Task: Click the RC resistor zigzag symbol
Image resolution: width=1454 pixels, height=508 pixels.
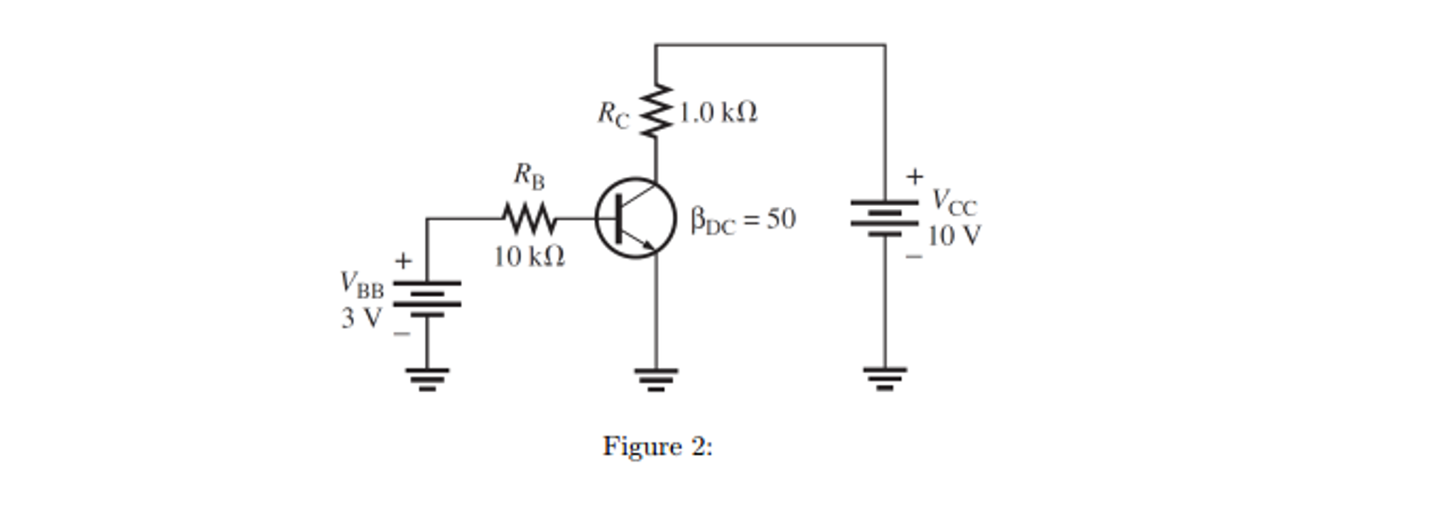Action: click(x=655, y=111)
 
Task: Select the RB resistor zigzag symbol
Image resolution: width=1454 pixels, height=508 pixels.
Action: click(x=529, y=218)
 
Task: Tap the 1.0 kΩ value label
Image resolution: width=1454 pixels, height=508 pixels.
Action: click(x=718, y=112)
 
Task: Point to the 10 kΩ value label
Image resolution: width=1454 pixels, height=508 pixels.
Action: click(x=529, y=256)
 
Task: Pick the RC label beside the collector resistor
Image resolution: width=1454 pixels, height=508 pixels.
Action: click(x=613, y=114)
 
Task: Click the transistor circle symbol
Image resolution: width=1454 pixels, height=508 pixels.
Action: click(x=635, y=218)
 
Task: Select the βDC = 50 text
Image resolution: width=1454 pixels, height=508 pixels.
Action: click(x=743, y=220)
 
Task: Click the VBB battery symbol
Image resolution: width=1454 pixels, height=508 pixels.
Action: click(x=426, y=298)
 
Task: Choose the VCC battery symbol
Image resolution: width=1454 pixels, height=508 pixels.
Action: click(x=885, y=217)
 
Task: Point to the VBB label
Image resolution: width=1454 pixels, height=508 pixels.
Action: click(x=362, y=284)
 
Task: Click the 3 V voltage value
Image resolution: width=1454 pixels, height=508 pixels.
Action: click(x=361, y=318)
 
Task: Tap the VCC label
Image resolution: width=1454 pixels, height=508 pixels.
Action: click(x=954, y=202)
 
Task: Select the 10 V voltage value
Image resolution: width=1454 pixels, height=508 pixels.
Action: click(x=954, y=236)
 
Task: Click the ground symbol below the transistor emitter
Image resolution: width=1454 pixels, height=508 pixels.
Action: click(x=656, y=379)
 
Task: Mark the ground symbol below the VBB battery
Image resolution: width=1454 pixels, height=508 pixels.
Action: click(x=426, y=379)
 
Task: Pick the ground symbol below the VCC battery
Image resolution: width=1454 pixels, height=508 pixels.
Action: click(x=885, y=378)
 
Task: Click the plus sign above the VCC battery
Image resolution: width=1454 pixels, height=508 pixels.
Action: click(x=915, y=175)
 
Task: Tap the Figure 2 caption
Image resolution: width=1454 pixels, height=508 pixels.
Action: click(x=657, y=447)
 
